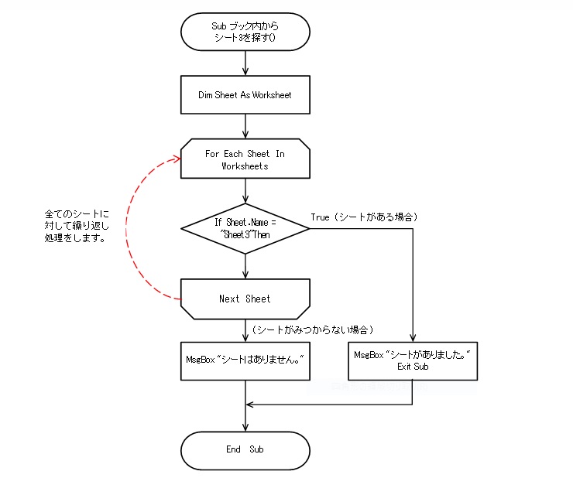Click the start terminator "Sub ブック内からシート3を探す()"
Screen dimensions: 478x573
point(245,32)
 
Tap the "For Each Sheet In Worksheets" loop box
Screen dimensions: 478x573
point(245,159)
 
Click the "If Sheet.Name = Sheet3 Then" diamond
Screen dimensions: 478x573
point(245,228)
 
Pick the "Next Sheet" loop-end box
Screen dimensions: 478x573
point(245,299)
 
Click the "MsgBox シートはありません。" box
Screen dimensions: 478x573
point(245,360)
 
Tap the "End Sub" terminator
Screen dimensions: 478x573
point(245,449)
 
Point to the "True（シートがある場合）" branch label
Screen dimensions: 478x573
point(364,217)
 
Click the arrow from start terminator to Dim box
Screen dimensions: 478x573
point(245,62)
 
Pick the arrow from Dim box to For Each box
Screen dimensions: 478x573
point(245,126)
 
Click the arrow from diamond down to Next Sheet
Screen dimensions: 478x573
point(245,265)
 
